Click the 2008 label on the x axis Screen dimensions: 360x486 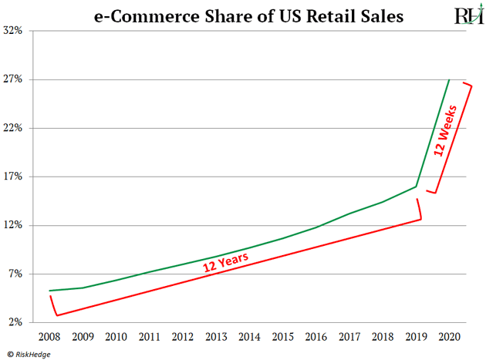tap(49, 336)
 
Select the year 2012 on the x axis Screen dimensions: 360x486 tap(181, 336)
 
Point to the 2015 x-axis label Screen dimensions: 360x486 tap(282, 336)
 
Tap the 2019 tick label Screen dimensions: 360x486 tap(416, 336)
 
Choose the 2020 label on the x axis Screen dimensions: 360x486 tap(449, 336)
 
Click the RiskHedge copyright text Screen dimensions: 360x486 tap(31, 353)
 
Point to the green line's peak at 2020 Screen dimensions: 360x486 tap(449, 79)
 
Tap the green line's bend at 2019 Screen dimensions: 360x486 tap(417, 187)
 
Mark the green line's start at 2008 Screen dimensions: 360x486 tap(49, 291)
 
